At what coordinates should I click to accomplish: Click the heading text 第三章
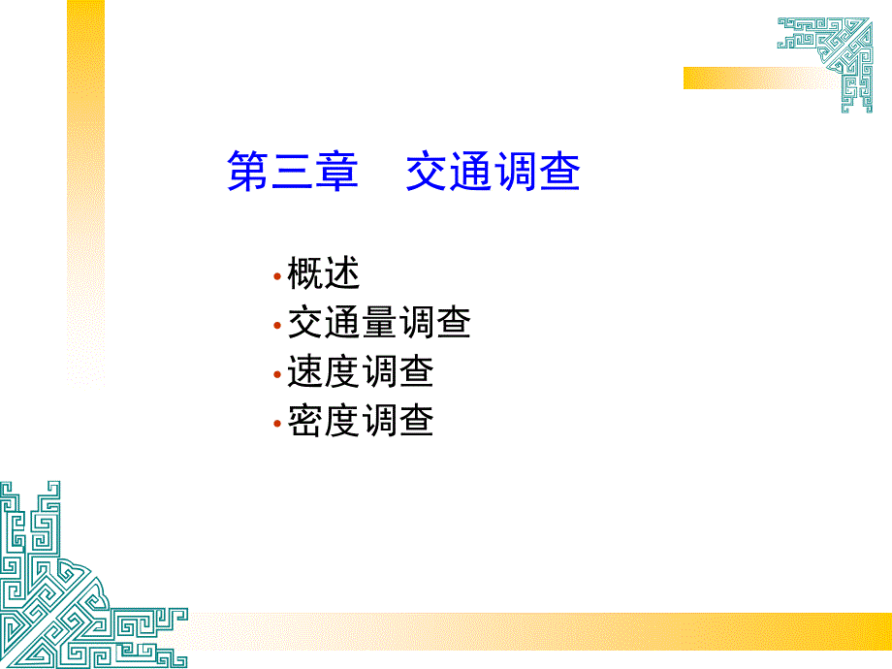(293, 171)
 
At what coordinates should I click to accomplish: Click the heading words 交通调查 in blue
(494, 171)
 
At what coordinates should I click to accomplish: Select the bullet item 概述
(323, 273)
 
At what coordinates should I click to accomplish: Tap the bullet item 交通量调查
(379, 322)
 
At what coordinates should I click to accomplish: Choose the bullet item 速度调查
(360, 371)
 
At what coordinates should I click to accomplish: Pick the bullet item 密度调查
(360, 420)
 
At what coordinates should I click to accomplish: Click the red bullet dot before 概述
(277, 276)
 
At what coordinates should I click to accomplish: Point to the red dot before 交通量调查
(277, 326)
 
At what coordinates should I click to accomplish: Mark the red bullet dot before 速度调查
(277, 374)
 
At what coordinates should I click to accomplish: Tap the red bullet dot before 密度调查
(277, 424)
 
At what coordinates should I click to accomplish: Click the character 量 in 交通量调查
(379, 322)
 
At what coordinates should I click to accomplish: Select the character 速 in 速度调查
(305, 371)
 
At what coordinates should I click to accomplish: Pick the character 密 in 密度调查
(305, 420)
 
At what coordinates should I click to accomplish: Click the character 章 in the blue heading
(337, 171)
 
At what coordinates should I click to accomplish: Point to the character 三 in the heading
(293, 171)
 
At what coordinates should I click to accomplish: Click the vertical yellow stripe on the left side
(86, 193)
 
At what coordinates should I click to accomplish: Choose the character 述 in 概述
(342, 273)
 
